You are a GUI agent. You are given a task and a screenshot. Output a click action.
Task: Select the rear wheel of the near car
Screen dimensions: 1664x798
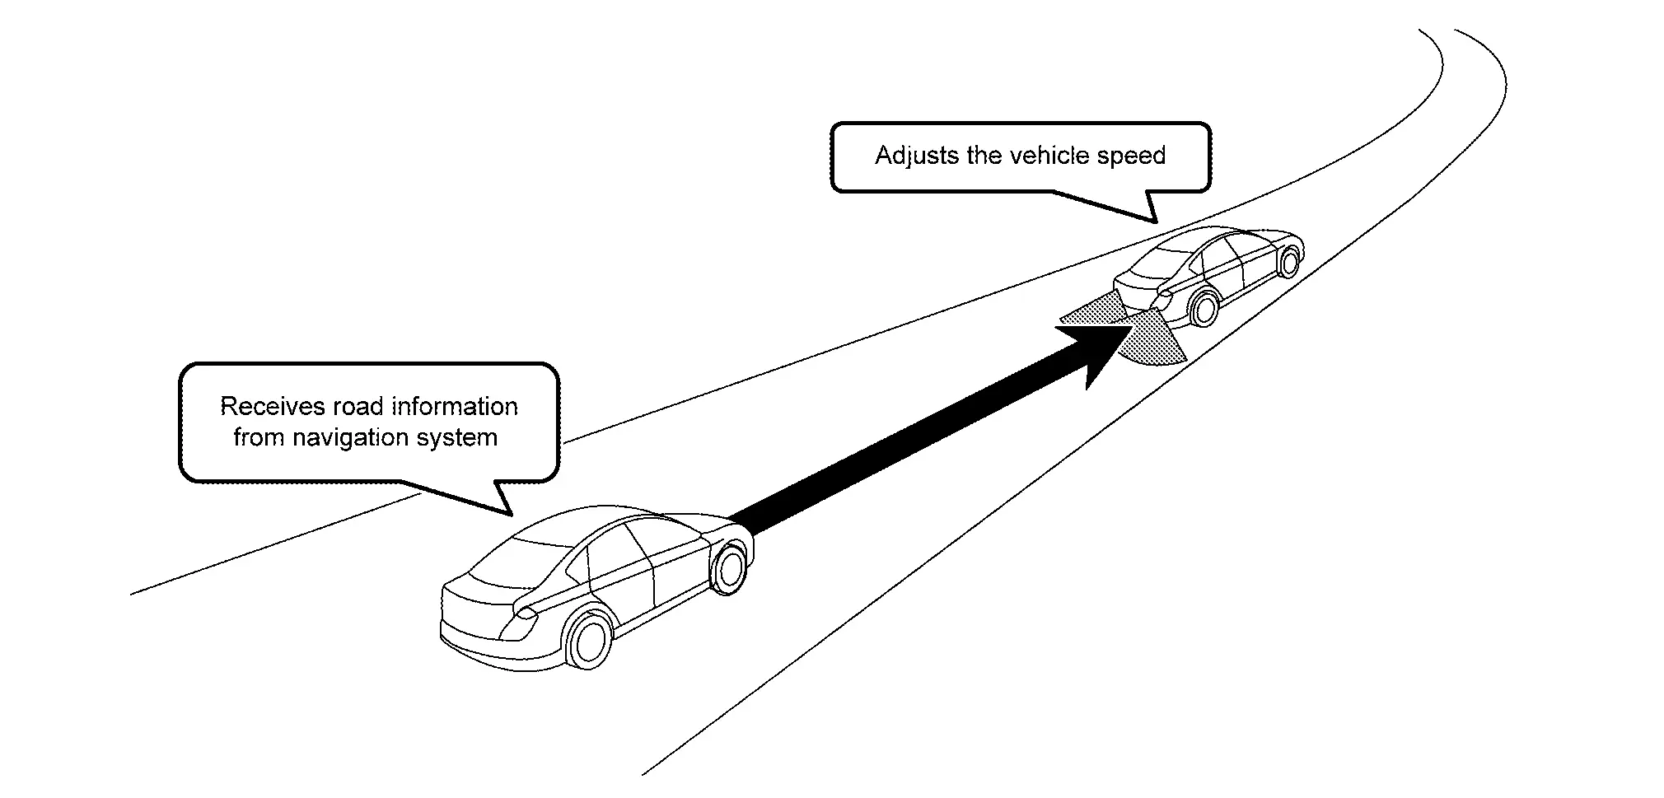(589, 639)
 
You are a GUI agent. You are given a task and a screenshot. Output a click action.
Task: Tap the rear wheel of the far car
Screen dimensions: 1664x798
(1204, 307)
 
